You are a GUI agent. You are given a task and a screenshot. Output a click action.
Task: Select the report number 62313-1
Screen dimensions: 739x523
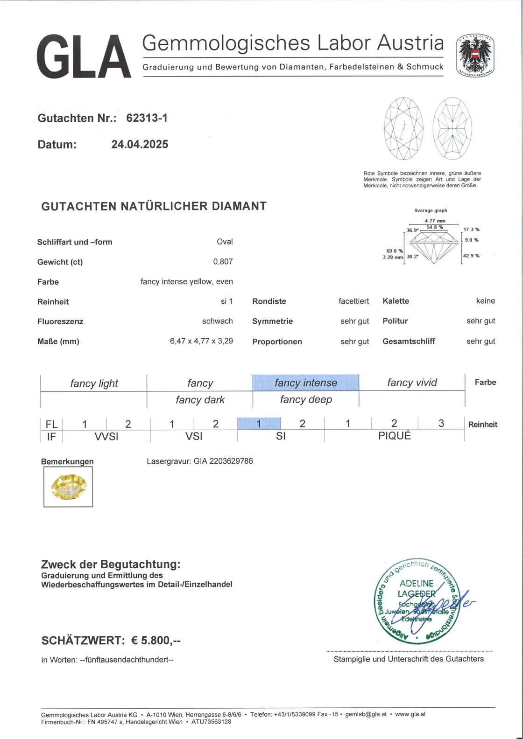pos(147,118)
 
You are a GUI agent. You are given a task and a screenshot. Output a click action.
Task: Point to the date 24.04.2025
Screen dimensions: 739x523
pos(140,144)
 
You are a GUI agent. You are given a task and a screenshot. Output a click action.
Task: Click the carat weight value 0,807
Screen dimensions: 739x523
pos(223,262)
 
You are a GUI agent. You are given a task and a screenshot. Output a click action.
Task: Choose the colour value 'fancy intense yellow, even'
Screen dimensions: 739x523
pos(186,281)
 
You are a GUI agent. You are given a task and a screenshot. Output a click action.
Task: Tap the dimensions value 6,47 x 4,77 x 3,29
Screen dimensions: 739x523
pos(201,341)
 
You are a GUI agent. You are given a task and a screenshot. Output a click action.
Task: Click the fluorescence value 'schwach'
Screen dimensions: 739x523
pos(217,321)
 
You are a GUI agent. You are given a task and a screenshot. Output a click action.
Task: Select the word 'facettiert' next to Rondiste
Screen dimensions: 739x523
pos(353,301)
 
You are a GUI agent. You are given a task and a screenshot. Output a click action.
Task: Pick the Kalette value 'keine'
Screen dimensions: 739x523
pos(485,301)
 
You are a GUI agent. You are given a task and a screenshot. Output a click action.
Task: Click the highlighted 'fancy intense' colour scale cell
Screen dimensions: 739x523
pos(305,383)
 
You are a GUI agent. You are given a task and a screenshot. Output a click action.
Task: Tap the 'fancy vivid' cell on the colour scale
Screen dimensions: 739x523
pos(412,383)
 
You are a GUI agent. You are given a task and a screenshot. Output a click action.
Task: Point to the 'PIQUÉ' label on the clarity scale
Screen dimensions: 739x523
pos(394,436)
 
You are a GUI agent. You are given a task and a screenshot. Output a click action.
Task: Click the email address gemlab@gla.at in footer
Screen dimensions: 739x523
pos(366,714)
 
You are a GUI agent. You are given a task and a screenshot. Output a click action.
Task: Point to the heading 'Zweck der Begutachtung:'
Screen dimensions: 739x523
pos(110,565)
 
